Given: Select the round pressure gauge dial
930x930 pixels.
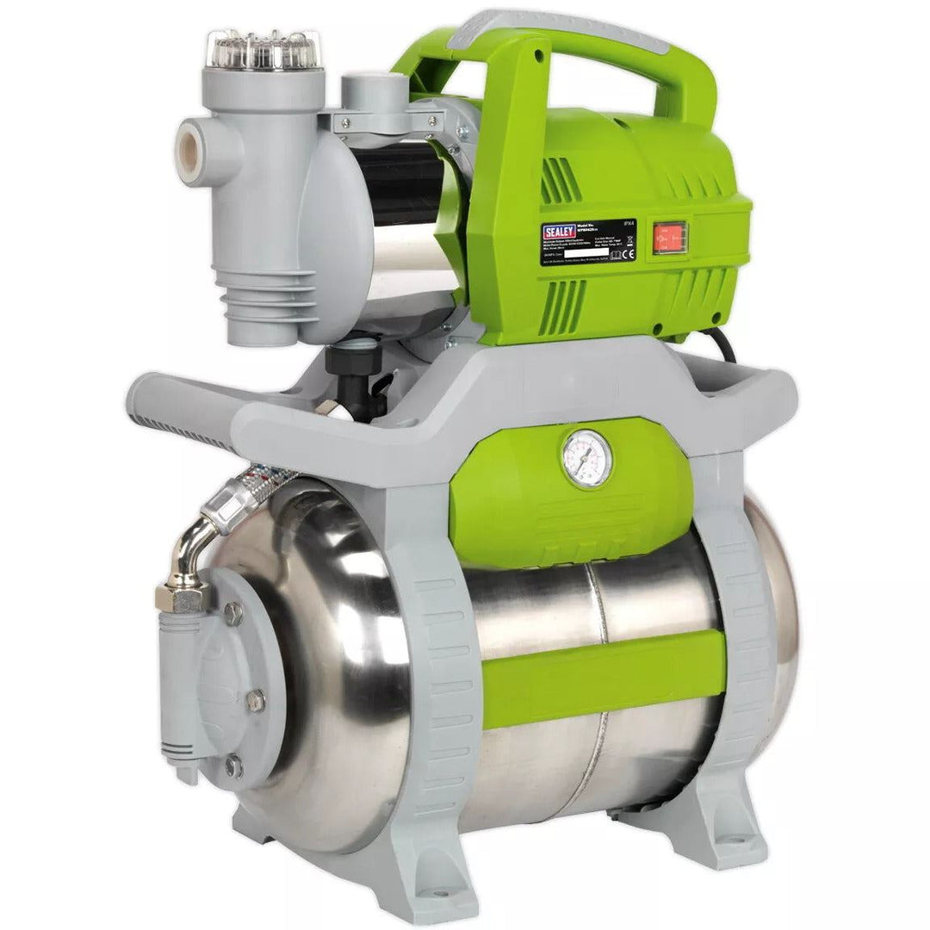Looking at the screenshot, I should pyautogui.click(x=588, y=457).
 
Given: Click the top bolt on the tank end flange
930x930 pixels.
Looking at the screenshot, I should pyautogui.click(x=233, y=613).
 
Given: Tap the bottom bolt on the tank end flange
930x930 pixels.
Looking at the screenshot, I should pyautogui.click(x=233, y=765).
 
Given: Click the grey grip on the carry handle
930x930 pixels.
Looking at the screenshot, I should pyautogui.click(x=560, y=26).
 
